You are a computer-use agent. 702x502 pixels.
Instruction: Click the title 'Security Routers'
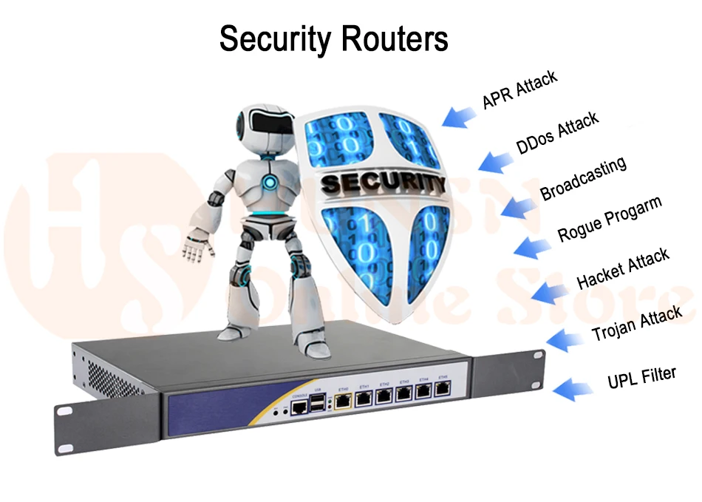pyautogui.click(x=334, y=39)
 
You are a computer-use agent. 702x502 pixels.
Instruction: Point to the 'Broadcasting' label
pyautogui.click(x=583, y=178)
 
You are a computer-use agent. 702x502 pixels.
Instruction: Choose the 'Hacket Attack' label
pyautogui.click(x=622, y=268)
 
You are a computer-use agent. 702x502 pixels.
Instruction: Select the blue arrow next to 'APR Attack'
pyautogui.click(x=458, y=115)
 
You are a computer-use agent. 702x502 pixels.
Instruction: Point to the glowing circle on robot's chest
pyautogui.click(x=270, y=181)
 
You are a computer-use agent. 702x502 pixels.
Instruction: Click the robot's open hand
pyautogui.click(x=197, y=245)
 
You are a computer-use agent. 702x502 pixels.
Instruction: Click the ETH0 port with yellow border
pyautogui.click(x=344, y=400)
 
